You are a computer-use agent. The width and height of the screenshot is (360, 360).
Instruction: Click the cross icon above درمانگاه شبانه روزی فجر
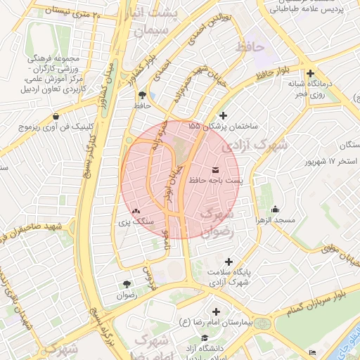pyautogui.click(x=310, y=72)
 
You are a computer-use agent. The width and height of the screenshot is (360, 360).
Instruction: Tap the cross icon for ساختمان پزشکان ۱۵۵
pyautogui.click(x=224, y=115)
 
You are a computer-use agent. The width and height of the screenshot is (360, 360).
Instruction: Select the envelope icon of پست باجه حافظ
pyautogui.click(x=214, y=170)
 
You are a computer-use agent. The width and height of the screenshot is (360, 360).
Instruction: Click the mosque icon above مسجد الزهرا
pyautogui.click(x=274, y=209)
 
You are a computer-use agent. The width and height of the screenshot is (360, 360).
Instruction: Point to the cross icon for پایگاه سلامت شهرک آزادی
pyautogui.click(x=229, y=261)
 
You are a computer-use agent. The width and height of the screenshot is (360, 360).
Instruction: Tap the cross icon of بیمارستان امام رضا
pyautogui.click(x=215, y=311)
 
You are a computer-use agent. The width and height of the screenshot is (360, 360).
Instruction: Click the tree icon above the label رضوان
pyautogui.click(x=127, y=284)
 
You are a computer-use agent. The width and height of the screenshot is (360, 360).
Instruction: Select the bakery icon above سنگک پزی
pyautogui.click(x=136, y=210)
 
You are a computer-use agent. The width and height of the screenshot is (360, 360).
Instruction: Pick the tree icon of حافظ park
pyautogui.click(x=143, y=94)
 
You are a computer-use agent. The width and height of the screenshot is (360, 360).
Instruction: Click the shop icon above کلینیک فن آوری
pyautogui.click(x=56, y=116)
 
